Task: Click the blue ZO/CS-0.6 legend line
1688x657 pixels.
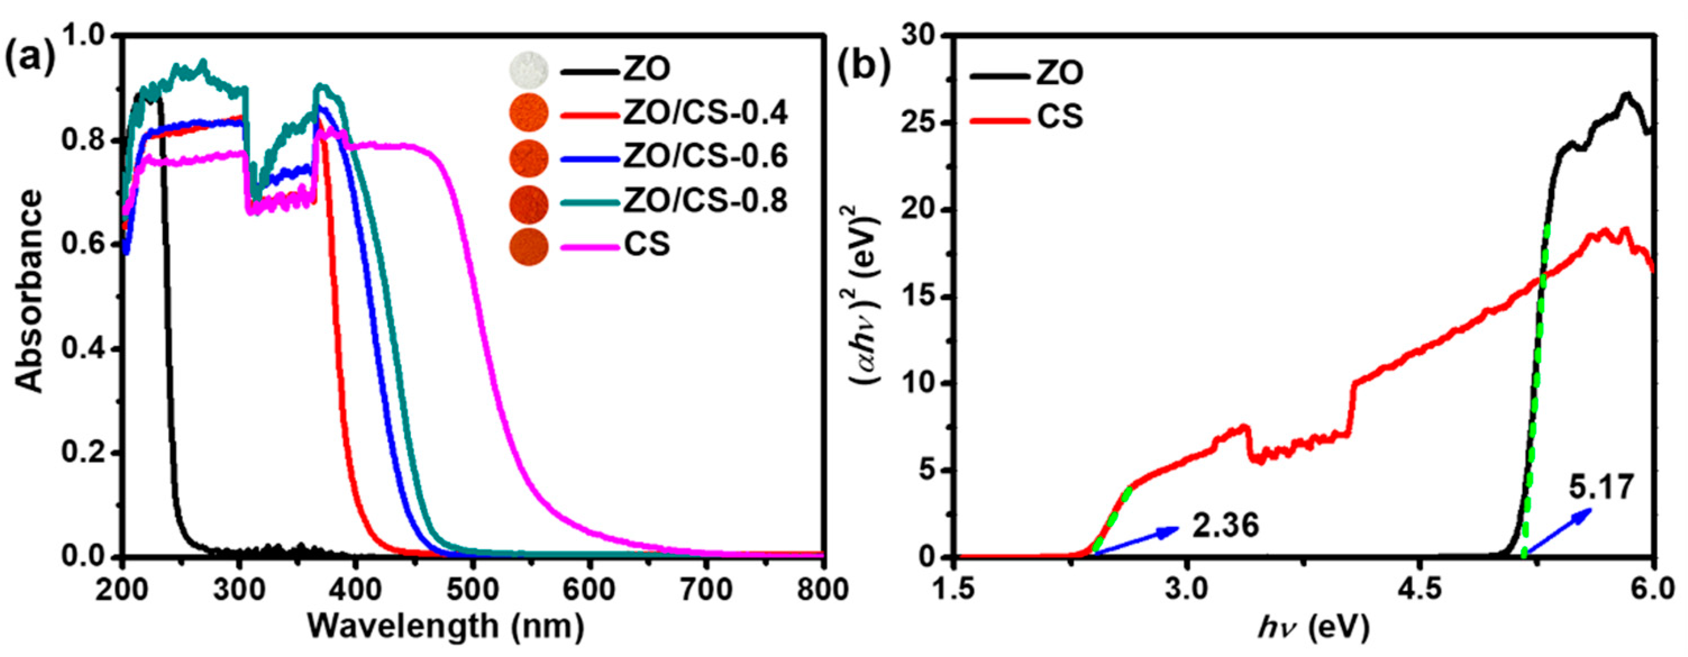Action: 590,158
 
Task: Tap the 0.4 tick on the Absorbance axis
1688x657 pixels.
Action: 81,349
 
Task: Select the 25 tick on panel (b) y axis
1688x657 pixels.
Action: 921,123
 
